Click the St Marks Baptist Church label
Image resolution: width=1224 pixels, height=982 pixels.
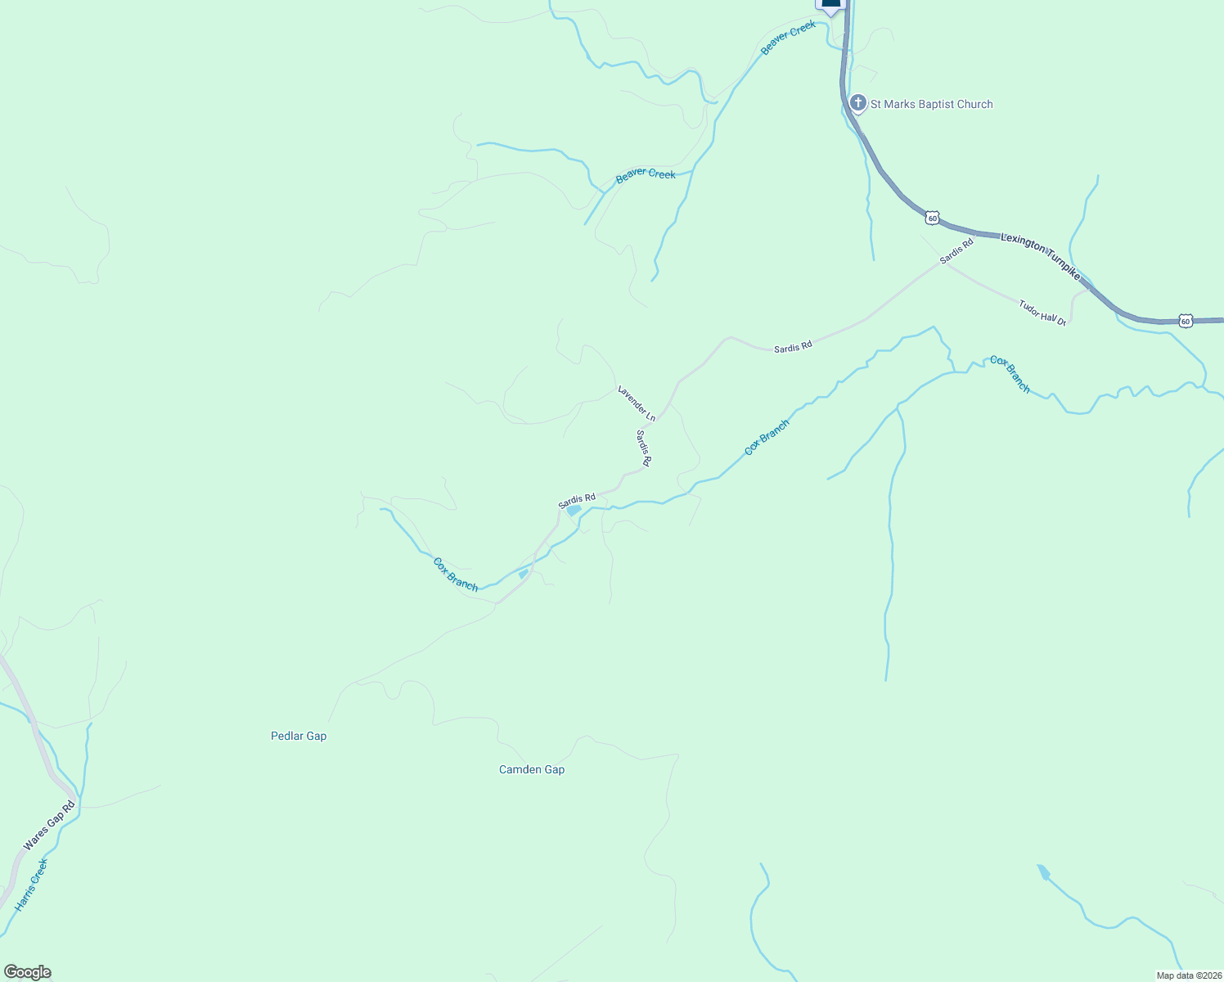931,104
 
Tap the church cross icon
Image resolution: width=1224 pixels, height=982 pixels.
857,103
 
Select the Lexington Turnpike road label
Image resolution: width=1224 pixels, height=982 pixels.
1041,255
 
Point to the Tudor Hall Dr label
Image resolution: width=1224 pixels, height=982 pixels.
1042,313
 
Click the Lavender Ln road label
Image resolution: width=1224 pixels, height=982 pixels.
637,403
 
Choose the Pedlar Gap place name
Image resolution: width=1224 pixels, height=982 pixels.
299,736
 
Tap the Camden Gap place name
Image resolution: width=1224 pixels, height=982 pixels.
532,769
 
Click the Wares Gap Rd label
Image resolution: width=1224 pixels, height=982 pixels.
49,825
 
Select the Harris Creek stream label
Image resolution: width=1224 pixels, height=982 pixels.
32,885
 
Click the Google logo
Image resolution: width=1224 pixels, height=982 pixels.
27,972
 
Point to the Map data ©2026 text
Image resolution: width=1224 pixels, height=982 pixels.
1188,975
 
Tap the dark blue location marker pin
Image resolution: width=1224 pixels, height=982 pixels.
830,4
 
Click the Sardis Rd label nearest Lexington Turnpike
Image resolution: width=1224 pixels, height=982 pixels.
956,250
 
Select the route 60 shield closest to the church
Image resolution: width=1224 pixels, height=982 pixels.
932,218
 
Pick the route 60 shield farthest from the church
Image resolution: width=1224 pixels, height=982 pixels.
1186,321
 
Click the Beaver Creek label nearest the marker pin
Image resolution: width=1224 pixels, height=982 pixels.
788,38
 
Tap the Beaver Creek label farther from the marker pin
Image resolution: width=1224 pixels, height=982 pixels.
646,175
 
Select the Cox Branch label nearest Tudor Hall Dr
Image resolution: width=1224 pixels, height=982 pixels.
1010,374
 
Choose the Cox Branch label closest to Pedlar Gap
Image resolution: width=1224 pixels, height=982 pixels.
455,574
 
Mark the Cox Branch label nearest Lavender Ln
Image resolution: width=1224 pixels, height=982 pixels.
767,437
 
